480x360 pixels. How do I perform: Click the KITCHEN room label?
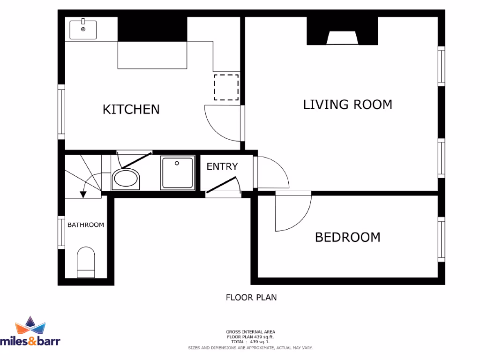131,109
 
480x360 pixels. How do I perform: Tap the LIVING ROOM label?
347,104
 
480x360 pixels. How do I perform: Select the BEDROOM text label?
347,237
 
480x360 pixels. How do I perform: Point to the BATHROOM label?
86,225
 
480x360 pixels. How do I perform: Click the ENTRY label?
222,166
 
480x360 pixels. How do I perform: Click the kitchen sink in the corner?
83,29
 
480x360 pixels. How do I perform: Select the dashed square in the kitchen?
226,87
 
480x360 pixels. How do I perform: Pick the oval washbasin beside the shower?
126,180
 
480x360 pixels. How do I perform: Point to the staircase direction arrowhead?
83,194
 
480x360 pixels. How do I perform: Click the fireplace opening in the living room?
342,38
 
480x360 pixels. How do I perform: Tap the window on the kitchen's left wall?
61,112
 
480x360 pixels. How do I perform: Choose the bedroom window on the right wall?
441,239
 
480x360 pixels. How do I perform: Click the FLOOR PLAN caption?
251,297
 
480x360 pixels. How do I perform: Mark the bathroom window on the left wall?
61,232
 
